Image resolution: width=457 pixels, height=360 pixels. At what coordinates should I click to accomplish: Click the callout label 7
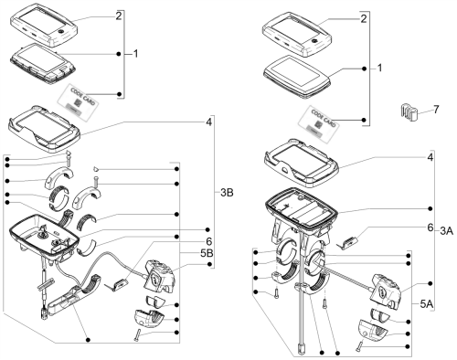click(x=436, y=110)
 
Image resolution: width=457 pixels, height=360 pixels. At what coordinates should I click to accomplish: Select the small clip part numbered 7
click(x=408, y=111)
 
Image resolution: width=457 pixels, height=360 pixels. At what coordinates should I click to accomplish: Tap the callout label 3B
click(x=227, y=193)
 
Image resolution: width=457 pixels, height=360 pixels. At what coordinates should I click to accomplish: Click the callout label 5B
click(x=207, y=253)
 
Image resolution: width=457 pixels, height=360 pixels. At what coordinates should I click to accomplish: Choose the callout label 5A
click(x=427, y=304)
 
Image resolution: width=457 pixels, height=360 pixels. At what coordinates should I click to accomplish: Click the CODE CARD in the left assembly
click(x=80, y=101)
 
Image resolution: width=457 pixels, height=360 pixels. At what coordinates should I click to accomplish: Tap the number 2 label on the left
click(x=119, y=16)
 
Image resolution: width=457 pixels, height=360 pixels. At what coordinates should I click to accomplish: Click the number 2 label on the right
click(x=364, y=19)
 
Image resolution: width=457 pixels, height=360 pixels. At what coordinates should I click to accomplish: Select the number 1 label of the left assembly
click(x=135, y=54)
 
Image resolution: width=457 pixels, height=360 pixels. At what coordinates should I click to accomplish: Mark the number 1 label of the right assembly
click(x=379, y=68)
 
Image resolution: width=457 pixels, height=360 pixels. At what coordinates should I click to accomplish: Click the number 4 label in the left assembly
click(x=208, y=122)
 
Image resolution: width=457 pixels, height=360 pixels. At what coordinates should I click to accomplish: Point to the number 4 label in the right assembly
click(x=430, y=157)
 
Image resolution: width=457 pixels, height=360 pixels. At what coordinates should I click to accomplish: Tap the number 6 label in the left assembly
click(x=208, y=241)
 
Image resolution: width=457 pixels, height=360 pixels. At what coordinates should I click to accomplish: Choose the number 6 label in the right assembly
click(x=430, y=228)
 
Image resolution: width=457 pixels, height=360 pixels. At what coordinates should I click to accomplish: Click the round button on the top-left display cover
click(x=60, y=32)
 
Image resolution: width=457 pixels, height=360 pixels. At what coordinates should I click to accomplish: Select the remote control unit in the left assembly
click(x=158, y=276)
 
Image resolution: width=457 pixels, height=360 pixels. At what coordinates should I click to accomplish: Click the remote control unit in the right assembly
click(x=384, y=292)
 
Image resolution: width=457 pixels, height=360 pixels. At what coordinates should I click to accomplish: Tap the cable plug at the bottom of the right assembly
click(x=301, y=349)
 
